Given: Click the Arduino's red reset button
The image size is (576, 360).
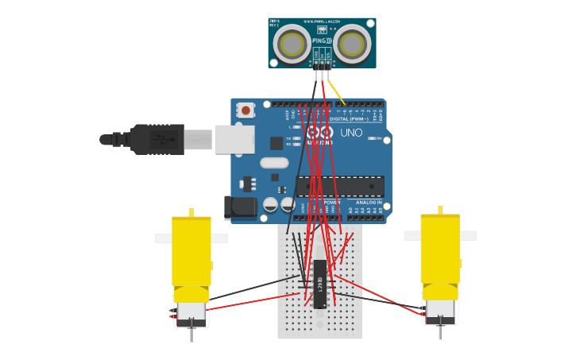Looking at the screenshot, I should click(246, 110).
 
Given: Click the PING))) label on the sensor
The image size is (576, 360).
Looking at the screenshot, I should click(322, 38).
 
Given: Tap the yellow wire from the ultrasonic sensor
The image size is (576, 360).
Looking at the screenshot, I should click(337, 91).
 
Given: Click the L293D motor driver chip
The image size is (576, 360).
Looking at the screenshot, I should click(319, 284).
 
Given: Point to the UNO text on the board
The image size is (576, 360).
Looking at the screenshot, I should click(351, 133).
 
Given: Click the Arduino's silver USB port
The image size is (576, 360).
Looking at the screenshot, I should click(234, 139).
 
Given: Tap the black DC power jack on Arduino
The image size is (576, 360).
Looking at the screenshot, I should click(240, 207).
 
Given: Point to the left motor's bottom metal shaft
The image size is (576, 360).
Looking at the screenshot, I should click(191, 335).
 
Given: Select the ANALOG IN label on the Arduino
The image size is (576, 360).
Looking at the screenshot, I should click(368, 203).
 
